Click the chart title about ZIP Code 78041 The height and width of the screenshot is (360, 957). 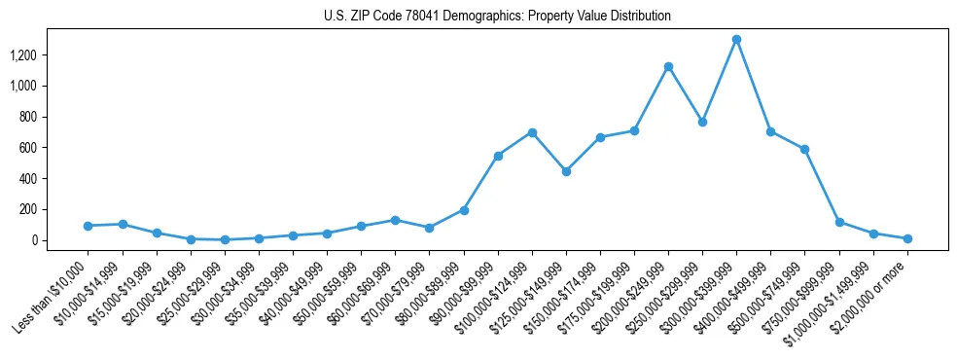click(x=497, y=17)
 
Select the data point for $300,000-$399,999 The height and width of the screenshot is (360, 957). click(x=737, y=40)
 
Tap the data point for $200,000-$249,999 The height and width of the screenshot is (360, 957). click(x=668, y=67)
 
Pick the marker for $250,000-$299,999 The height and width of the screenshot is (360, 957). click(x=702, y=123)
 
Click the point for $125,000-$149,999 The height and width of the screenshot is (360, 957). click(x=566, y=171)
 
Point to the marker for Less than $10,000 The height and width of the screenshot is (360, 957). click(x=89, y=226)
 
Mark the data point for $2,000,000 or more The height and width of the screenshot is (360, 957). click(x=907, y=238)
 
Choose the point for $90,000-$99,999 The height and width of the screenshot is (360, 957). click(x=498, y=156)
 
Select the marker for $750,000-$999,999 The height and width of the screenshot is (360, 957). click(x=839, y=223)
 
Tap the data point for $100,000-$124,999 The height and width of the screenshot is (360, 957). click(x=532, y=132)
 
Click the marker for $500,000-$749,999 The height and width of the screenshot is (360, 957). click(x=805, y=150)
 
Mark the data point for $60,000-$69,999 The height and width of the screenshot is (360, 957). click(x=395, y=220)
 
